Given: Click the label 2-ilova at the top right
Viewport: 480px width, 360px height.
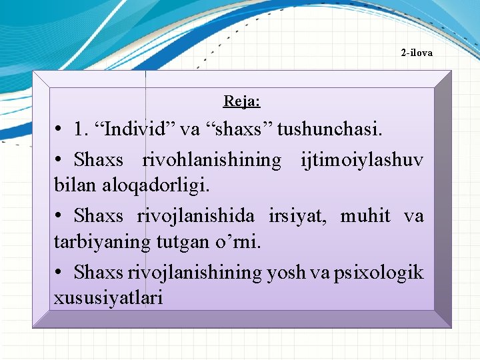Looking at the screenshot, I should pyautogui.click(x=417, y=52).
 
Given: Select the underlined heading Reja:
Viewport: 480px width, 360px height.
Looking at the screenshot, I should pyautogui.click(x=241, y=101).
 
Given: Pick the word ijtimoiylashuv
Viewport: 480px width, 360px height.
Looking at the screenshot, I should pyautogui.click(x=361, y=160).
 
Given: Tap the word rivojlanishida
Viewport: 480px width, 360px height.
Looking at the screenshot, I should pyautogui.click(x=195, y=216).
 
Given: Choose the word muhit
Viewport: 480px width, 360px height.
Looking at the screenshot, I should pyautogui.click(x=365, y=216).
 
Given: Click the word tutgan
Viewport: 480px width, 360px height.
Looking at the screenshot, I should pyautogui.click(x=187, y=241).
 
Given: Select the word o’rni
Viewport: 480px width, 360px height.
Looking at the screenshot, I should pyautogui.click(x=239, y=241).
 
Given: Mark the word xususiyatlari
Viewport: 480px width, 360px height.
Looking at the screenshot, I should pyautogui.click(x=108, y=297).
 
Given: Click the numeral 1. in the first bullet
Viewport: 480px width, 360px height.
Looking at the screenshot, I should pyautogui.click(x=82, y=129).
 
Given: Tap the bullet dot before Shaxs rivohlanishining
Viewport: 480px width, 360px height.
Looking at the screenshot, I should pyautogui.click(x=59, y=161).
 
